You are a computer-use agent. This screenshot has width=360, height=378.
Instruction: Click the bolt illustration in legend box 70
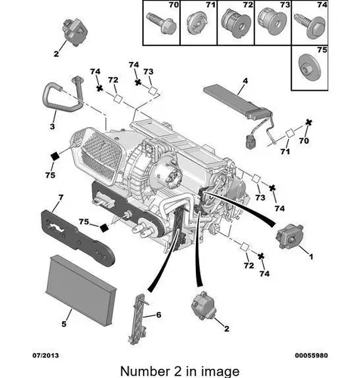pos(161,23)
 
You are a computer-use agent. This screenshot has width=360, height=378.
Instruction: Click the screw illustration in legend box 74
pos(309,25)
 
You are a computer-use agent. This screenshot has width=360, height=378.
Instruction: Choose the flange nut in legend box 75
pos(309,67)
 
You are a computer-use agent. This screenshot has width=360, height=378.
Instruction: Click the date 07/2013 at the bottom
pos(45,355)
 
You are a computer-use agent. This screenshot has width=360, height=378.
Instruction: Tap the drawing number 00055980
pos(312,355)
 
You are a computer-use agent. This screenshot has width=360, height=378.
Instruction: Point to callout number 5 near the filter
pos(64,324)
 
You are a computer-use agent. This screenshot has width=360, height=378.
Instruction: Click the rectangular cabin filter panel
pos(81,290)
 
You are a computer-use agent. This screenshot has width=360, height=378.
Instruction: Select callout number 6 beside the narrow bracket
pos(159,314)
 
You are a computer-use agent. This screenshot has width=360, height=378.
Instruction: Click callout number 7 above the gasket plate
pos(61,197)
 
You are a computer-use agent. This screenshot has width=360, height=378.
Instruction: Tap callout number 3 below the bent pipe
pos(52,126)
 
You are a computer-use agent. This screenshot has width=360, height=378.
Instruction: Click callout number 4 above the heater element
pos(245,81)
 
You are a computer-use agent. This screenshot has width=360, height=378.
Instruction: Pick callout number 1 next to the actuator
pos(311,256)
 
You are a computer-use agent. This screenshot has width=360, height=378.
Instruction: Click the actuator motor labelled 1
pos(290,236)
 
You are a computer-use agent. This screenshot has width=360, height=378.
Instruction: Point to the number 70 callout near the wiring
pos(304,141)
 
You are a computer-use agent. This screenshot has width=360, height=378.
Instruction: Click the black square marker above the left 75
pos(54,156)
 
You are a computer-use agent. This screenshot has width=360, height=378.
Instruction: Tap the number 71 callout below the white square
pos(285,151)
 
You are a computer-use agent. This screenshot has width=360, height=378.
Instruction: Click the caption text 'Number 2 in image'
pos(180,371)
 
